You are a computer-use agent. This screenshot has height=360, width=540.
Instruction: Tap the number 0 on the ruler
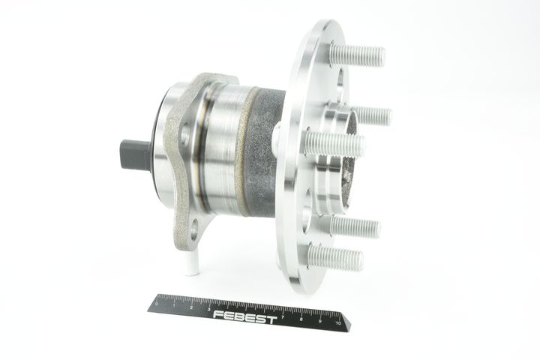[x=157, y=304]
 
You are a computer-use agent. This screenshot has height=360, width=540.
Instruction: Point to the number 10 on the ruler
[x=338, y=322]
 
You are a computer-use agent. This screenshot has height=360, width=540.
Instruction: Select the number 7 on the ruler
[x=283, y=317]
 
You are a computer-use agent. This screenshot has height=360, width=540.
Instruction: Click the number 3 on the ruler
[x=209, y=309]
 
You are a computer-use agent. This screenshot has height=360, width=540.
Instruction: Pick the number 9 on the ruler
[x=320, y=321]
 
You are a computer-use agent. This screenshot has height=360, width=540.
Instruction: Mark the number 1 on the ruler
[x=174, y=305]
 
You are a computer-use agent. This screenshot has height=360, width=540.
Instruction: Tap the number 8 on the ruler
[x=301, y=319]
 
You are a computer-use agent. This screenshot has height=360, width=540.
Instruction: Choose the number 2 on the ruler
[x=191, y=307]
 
